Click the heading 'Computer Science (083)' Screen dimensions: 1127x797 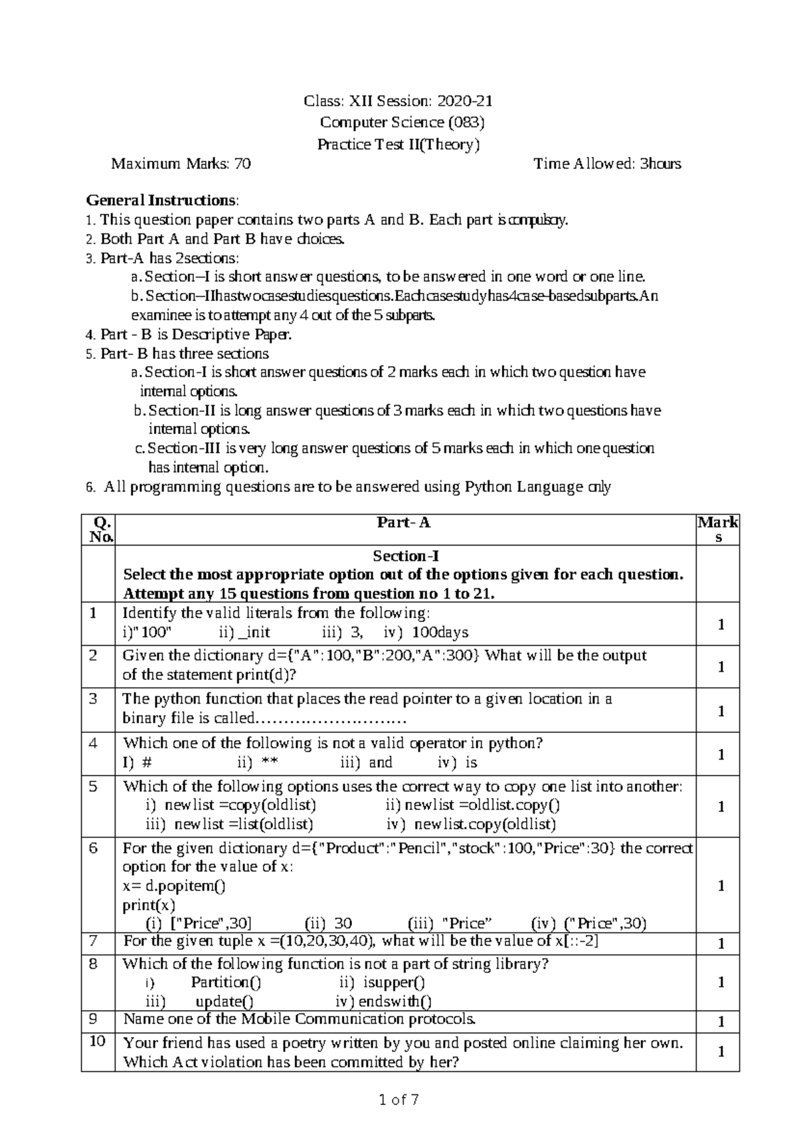402,122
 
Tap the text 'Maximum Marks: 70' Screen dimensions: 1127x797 181,164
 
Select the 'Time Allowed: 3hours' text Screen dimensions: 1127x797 607,164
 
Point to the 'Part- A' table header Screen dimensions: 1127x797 404,523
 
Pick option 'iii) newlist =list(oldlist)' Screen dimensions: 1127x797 229,825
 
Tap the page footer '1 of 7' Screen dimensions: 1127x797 398,1100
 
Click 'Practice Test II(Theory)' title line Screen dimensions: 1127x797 398,144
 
